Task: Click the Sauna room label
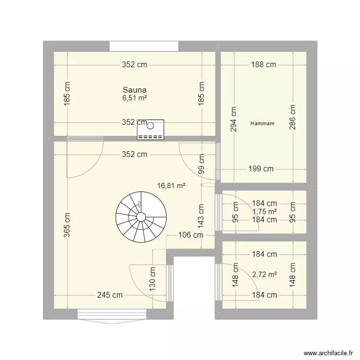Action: click(134, 90)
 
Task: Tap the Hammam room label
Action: click(263, 123)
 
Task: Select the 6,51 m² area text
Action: click(134, 98)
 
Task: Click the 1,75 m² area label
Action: click(264, 212)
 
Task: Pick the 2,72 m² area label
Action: click(264, 275)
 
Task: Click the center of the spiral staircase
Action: click(141, 217)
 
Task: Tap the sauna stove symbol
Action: click(150, 130)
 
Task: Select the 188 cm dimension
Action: click(264, 65)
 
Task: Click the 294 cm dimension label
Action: click(234, 118)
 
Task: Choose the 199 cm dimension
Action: click(261, 168)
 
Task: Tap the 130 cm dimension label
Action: click(152, 279)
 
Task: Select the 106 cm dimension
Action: click(191, 235)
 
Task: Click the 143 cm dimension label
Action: click(202, 216)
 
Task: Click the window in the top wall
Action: click(144, 47)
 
